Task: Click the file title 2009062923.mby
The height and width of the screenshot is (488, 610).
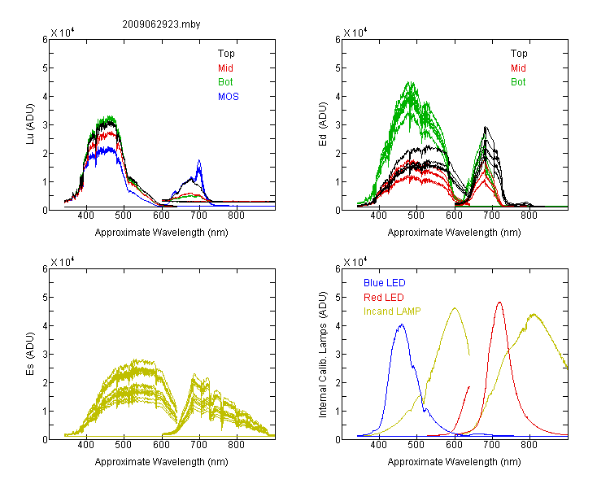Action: click(x=161, y=24)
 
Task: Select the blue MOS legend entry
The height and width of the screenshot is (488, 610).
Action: click(x=229, y=97)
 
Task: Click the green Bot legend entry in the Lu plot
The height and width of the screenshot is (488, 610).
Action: click(x=225, y=82)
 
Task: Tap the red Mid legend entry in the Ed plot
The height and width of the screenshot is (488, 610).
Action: click(x=518, y=68)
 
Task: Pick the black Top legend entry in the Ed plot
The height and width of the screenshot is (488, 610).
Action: click(x=519, y=54)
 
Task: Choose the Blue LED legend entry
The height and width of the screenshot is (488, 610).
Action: click(x=385, y=283)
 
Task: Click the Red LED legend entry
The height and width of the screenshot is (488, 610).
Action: click(x=384, y=298)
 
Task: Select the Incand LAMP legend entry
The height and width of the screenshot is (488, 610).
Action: click(x=392, y=312)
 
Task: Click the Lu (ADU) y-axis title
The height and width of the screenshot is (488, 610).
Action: click(x=30, y=124)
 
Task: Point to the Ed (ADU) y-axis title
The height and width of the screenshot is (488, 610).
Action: click(x=323, y=124)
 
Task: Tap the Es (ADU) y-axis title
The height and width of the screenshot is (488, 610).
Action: click(x=30, y=354)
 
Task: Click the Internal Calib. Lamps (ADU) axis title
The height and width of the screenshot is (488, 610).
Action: click(x=323, y=355)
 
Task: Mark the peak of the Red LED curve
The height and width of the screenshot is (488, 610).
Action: click(x=499, y=303)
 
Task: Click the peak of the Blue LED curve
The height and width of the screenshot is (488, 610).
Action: click(x=402, y=325)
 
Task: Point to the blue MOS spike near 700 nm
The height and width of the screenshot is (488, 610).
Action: click(x=199, y=161)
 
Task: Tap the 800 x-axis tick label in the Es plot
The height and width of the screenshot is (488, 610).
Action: click(x=236, y=445)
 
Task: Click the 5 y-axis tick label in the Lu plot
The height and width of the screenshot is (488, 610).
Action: click(x=45, y=68)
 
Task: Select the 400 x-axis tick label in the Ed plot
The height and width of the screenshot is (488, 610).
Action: click(x=378, y=216)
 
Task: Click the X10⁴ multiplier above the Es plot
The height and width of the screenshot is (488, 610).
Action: click(x=63, y=262)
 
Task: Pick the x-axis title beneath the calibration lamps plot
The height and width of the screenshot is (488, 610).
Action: click(x=454, y=462)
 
